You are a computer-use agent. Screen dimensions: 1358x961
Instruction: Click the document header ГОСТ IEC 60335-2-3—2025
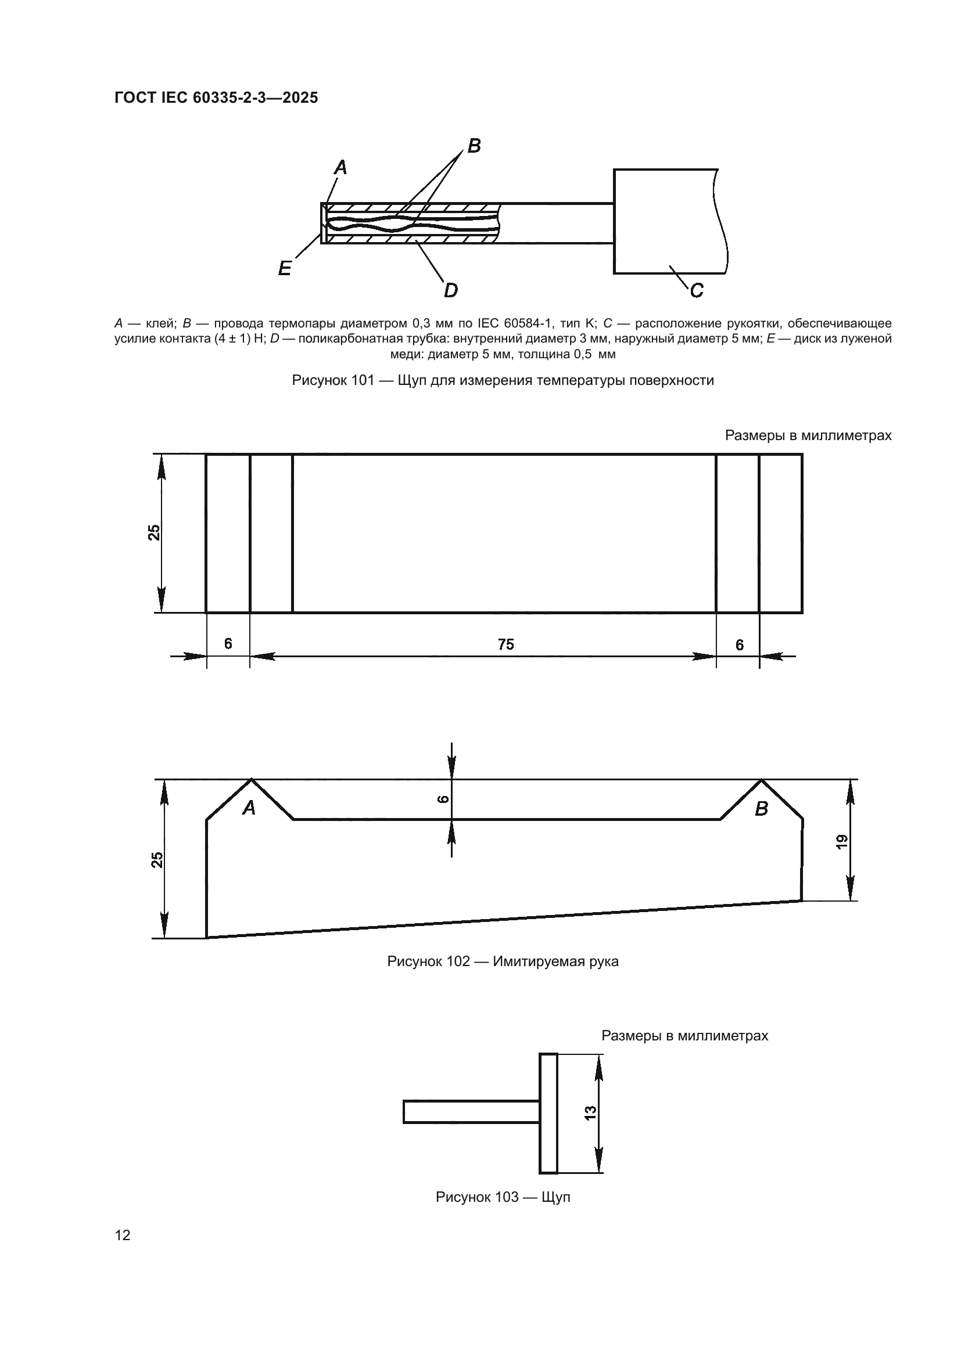(216, 98)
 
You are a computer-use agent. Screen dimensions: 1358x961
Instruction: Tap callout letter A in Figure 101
(340, 168)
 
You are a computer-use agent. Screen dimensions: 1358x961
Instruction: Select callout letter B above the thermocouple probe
(474, 146)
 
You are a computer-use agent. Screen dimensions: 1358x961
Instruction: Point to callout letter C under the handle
(697, 290)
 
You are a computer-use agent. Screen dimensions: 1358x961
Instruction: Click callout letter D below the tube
(451, 290)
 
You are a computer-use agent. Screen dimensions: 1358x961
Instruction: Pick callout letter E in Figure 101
(285, 269)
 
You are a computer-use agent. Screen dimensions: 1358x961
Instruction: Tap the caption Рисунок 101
(503, 380)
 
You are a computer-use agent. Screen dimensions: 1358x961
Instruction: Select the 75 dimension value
(505, 644)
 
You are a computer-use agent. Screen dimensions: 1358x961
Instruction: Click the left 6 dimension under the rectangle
(228, 643)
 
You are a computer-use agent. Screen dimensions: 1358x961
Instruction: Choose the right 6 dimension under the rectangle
(739, 644)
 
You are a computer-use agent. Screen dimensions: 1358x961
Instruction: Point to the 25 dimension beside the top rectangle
(155, 532)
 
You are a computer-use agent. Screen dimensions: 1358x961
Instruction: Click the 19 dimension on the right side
(842, 841)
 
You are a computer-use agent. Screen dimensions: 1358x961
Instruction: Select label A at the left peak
(249, 808)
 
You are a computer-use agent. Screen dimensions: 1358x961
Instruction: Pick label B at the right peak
(761, 809)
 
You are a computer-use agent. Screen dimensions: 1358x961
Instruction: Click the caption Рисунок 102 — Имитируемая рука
(503, 961)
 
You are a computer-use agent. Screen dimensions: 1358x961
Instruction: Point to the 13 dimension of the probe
(590, 1112)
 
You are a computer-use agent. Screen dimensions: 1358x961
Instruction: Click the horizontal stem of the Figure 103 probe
(471, 1112)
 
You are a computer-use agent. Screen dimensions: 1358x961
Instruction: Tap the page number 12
(123, 1235)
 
